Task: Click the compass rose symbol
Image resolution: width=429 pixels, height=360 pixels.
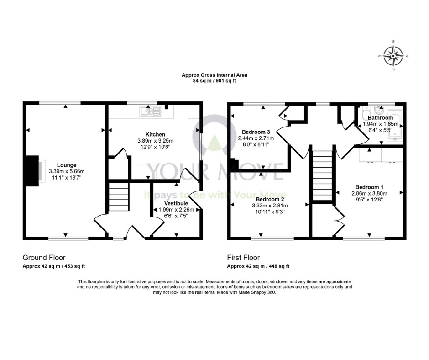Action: click(x=393, y=56)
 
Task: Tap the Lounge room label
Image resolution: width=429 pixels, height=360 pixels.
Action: click(x=67, y=165)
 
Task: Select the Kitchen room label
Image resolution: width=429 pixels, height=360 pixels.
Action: click(x=155, y=134)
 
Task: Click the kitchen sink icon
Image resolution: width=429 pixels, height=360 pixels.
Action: click(x=150, y=111)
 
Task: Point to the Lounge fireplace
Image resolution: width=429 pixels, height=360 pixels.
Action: click(x=32, y=171)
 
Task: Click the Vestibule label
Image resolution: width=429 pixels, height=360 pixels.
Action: click(x=176, y=203)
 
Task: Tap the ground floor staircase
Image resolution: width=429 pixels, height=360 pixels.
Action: click(x=119, y=197)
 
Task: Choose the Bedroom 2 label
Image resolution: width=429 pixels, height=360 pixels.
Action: click(x=270, y=200)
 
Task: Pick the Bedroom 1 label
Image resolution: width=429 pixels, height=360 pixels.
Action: click(x=369, y=187)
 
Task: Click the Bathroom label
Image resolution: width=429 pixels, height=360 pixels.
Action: click(x=380, y=118)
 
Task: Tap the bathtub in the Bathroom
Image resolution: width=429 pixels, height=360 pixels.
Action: click(x=394, y=128)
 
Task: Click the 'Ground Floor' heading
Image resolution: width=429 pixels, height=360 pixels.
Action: click(x=44, y=258)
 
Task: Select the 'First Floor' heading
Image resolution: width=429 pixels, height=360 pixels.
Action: click(x=243, y=258)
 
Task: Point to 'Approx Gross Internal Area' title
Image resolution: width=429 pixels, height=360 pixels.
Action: click(x=214, y=75)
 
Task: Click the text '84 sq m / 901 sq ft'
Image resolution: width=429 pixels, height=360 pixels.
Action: click(x=214, y=81)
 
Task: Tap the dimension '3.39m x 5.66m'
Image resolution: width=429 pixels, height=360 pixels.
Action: click(x=67, y=171)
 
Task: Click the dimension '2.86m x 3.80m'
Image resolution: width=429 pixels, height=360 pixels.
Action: click(x=369, y=193)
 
